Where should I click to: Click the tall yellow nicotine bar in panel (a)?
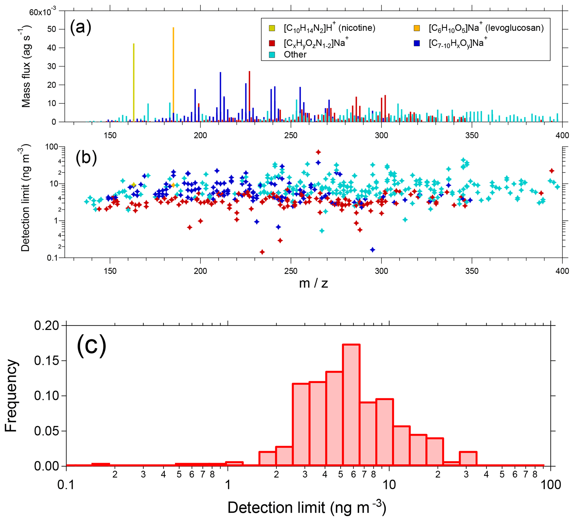coord(134,83)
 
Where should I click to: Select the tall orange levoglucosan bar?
coord(173,74)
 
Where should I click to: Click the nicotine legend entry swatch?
coord(272,28)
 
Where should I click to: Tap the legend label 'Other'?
coord(295,54)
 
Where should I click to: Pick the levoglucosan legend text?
coord(486,28)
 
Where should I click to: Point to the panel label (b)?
coord(86,158)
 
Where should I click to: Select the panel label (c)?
coord(91,346)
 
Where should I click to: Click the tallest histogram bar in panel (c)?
coord(351,405)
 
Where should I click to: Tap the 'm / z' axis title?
coord(314,283)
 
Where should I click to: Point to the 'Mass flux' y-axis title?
coord(26,66)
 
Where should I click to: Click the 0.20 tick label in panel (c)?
coord(46,326)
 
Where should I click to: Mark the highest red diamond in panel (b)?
coord(318,152)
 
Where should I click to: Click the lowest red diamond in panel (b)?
coord(262,252)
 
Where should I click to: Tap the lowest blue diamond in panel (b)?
coord(372,250)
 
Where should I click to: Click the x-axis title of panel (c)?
coord(307,508)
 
